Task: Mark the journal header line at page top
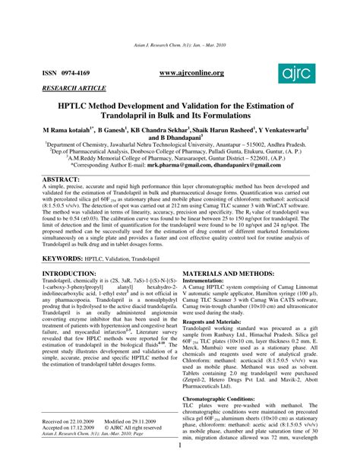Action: click(179, 46)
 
